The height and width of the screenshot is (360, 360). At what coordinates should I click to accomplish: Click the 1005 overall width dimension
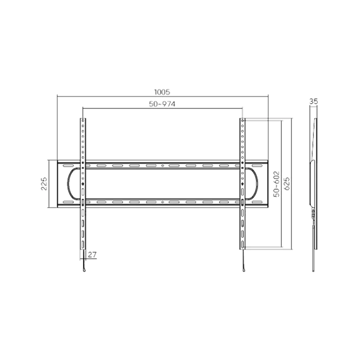pos(163,92)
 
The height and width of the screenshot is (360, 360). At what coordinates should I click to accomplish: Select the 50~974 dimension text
pos(162,104)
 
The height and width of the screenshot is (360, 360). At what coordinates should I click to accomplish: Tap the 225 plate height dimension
pos(44,184)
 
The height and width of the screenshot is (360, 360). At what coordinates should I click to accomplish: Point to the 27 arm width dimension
pos(92,255)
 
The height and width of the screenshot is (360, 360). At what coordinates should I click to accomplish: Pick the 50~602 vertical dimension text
pos(277,184)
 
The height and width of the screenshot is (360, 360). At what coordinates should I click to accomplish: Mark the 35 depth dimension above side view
pos(313,101)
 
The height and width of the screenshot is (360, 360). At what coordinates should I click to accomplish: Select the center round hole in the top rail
pos(163,166)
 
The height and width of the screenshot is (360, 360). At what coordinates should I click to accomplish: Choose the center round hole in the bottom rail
pos(163,202)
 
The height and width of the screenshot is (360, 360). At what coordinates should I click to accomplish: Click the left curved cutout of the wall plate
pos(70,184)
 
